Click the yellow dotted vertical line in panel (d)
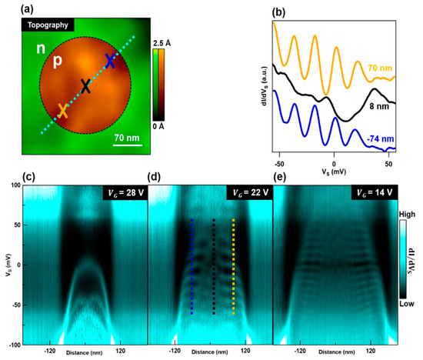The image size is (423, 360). (233, 266)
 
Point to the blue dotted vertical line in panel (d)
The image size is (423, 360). (192, 266)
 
